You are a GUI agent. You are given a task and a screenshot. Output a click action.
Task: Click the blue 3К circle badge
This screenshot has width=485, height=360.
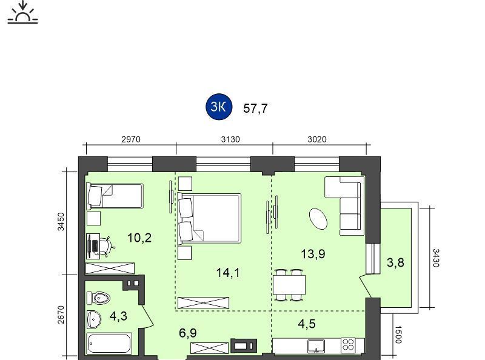pos(219,107)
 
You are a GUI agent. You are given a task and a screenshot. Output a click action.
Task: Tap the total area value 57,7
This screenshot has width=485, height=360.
pos(255,108)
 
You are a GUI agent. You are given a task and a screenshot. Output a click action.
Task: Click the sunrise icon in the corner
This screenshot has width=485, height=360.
pos(22,12)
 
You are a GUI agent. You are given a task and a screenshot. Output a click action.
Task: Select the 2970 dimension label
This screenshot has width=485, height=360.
pos(131,139)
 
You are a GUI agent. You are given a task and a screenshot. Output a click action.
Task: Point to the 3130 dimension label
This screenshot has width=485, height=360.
pos(230,139)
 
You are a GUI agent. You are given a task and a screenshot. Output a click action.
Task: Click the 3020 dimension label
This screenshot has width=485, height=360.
pos(317,139)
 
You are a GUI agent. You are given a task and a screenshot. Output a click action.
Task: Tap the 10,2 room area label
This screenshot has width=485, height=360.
pos(139,238)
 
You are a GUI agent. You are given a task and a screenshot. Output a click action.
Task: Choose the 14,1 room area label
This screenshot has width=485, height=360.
pos(228,273)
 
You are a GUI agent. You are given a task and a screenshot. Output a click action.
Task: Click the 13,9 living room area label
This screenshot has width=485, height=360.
pos(313,254)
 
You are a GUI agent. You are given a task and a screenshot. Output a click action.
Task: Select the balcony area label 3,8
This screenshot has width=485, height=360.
pos(396,262)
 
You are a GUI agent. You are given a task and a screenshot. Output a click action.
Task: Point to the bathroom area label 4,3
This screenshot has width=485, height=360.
pos(118,316)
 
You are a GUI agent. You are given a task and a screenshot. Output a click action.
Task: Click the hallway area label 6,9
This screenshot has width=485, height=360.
pos(188,333)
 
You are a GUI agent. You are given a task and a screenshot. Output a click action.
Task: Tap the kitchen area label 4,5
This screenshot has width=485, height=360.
pos(307,324)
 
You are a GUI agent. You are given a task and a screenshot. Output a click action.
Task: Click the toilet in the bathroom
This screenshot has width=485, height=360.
pos(99,298)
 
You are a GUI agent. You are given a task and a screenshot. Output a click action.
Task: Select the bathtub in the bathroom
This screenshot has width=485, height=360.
pos(110,343)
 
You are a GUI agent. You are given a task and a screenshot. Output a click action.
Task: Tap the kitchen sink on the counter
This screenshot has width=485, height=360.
pos(316,346)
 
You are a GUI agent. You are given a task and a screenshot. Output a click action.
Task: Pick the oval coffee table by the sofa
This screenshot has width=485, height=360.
pos(318,219)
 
